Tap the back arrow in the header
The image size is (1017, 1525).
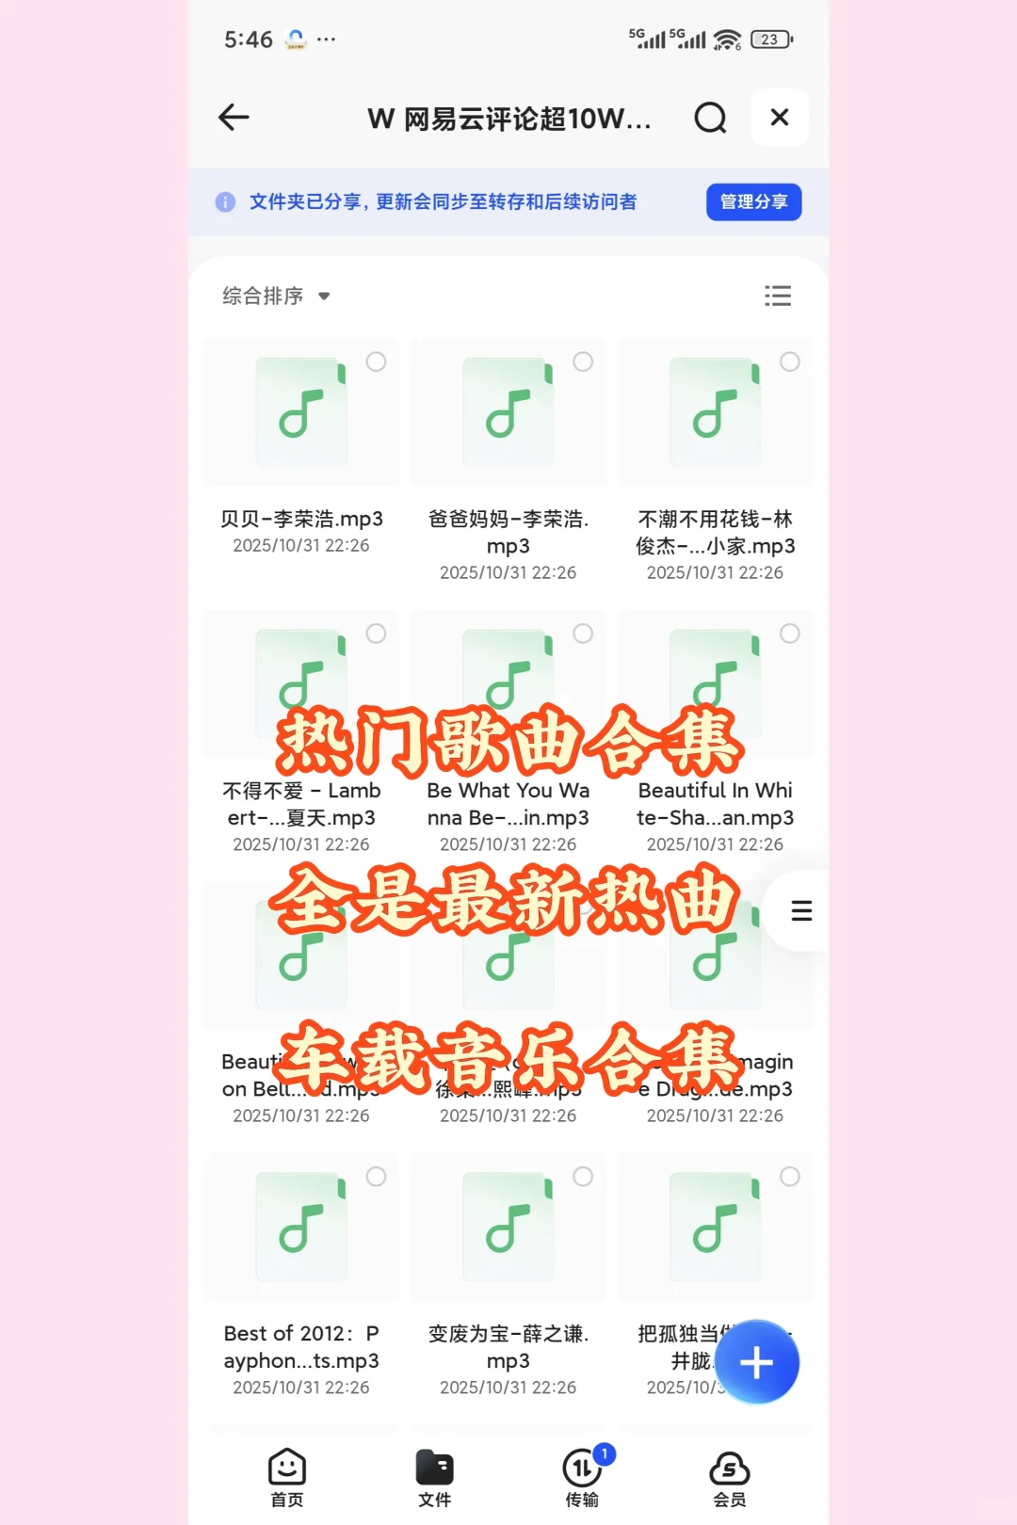(234, 117)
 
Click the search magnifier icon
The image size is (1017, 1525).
(710, 118)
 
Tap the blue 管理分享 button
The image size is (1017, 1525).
(753, 201)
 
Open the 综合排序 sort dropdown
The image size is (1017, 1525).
(275, 296)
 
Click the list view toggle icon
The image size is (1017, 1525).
(778, 296)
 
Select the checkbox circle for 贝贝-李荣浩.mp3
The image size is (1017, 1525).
(376, 361)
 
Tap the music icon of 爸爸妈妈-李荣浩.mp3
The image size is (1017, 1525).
(508, 411)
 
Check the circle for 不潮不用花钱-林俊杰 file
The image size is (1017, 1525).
(790, 361)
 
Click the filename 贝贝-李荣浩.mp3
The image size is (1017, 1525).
(301, 519)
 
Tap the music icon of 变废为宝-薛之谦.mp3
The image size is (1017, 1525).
(508, 1227)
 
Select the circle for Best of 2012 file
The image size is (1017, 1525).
(376, 1177)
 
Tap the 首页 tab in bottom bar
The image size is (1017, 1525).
(287, 1477)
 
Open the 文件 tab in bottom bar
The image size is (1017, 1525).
(435, 1477)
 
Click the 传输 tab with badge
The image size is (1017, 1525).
(583, 1477)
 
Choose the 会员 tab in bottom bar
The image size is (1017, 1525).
(730, 1477)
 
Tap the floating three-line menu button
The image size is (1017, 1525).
(801, 910)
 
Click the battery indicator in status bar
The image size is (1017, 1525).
(771, 40)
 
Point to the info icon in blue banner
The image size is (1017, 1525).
(225, 201)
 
